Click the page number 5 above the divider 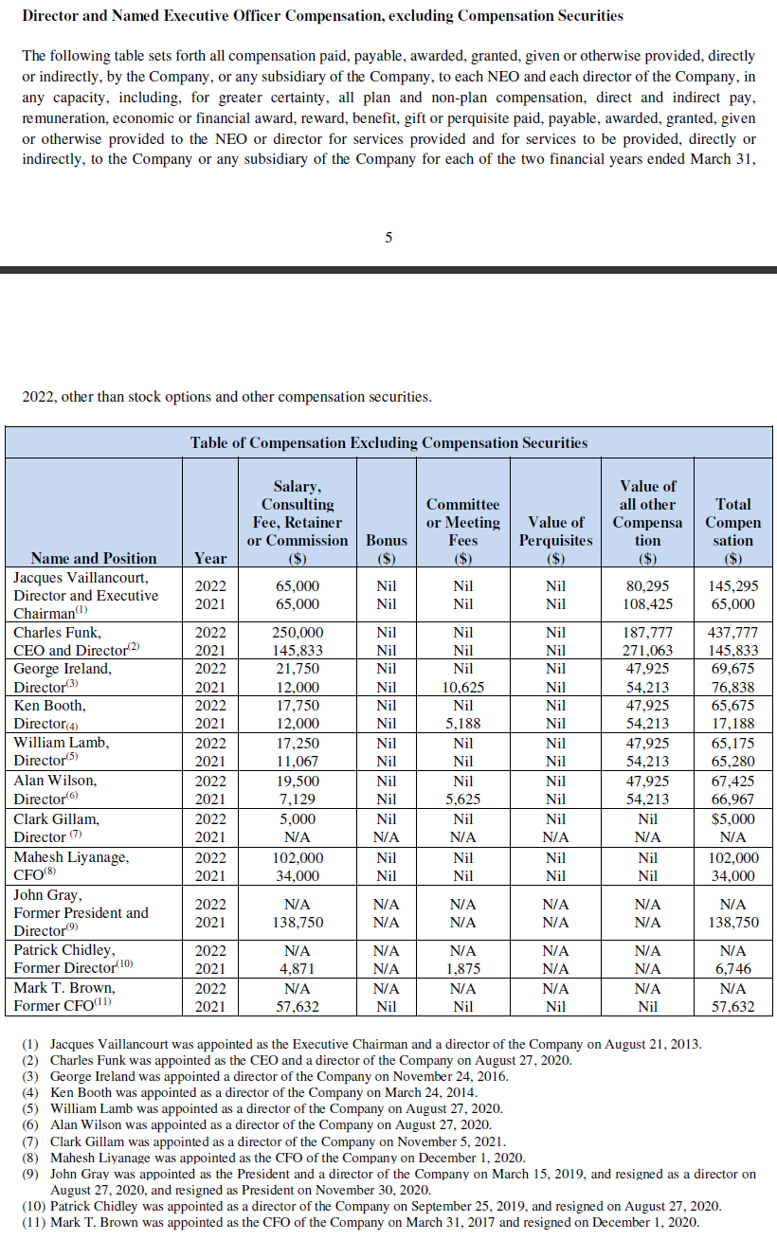pyautogui.click(x=388, y=238)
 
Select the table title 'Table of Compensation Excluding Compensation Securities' pyautogui.click(x=388, y=442)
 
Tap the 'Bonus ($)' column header pyautogui.click(x=387, y=548)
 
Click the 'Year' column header pyautogui.click(x=210, y=558)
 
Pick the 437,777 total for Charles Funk pyautogui.click(x=732, y=632)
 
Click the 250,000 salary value pyautogui.click(x=298, y=632)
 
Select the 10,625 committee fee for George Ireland pyautogui.click(x=462, y=687)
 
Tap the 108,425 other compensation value pyautogui.click(x=647, y=603)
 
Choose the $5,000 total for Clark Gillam pyautogui.click(x=732, y=818)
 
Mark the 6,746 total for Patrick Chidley pyautogui.click(x=732, y=968)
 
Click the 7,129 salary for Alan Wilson pyautogui.click(x=298, y=800)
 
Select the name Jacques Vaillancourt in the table pyautogui.click(x=81, y=577)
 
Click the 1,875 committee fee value pyautogui.click(x=462, y=968)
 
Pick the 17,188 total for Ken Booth pyautogui.click(x=732, y=724)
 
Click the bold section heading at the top pyautogui.click(x=322, y=15)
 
